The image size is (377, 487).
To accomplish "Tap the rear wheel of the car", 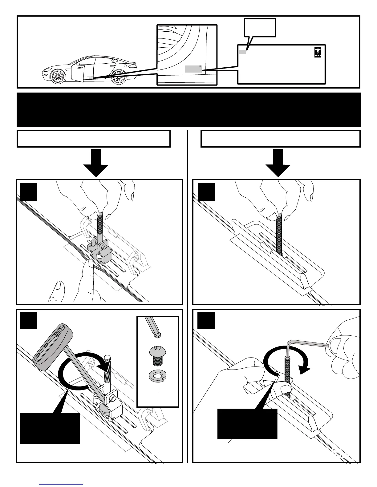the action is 119,77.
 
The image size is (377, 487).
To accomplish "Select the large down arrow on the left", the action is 96,163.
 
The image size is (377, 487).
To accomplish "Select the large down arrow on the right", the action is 278,163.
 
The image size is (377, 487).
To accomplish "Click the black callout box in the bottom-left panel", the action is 50,428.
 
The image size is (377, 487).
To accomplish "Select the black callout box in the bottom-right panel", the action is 247,424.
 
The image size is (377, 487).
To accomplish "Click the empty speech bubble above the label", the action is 260,28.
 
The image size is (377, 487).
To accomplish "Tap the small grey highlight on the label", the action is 242,52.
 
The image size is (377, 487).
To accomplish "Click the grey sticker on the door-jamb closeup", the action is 193,69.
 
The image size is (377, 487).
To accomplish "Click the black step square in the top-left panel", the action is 29,192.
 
